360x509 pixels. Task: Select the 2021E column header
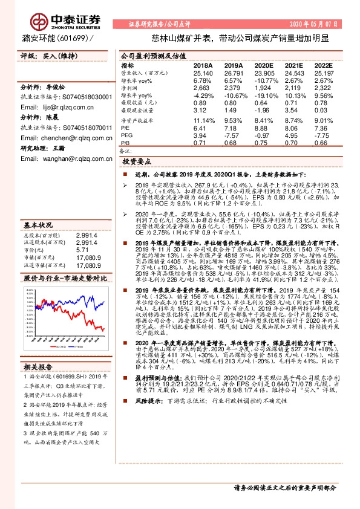pyautogui.click(x=293, y=65)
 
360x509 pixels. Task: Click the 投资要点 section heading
pyautogui.click(x=137, y=162)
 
